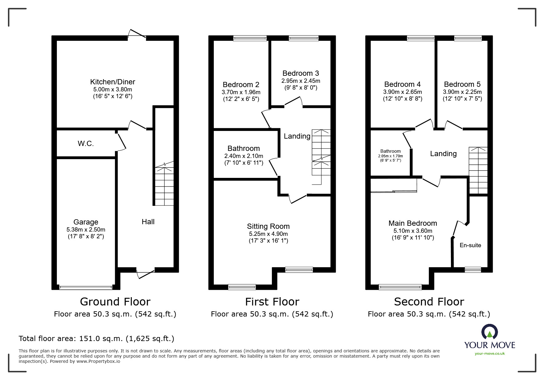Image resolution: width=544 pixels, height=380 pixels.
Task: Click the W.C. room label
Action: (86, 144)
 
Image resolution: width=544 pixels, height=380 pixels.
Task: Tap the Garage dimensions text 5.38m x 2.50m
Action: (86, 230)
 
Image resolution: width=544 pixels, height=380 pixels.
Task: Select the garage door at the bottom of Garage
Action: (86, 287)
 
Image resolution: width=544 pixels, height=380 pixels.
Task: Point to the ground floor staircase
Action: (164, 186)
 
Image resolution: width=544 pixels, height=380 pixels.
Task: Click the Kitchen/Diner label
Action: (112, 82)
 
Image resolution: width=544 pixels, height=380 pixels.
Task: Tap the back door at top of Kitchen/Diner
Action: (137, 34)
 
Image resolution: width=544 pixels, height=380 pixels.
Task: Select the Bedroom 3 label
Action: (300, 73)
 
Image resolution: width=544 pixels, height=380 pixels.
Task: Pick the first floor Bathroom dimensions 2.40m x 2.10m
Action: (244, 156)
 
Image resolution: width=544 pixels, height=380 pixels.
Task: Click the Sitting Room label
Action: (268, 226)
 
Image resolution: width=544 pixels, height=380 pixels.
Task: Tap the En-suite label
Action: (470, 245)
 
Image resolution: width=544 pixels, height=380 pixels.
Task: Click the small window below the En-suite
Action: (472, 270)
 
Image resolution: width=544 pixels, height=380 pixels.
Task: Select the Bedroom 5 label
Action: (462, 84)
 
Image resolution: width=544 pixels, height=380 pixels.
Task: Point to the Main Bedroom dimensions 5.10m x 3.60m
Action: (413, 231)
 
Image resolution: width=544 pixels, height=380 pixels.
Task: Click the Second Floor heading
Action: (429, 302)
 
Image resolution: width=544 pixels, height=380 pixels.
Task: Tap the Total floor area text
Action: (96, 339)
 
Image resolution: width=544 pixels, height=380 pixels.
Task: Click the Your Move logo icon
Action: (489, 332)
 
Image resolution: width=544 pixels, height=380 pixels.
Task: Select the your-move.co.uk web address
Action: (490, 354)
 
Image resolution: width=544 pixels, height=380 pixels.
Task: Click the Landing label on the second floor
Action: (443, 154)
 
